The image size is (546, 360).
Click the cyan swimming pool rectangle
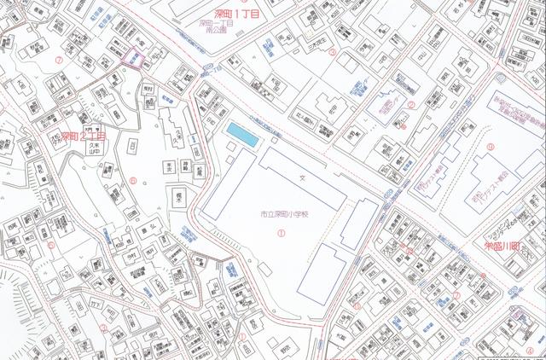[x=241, y=135]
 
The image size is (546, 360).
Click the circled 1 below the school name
[x=282, y=231]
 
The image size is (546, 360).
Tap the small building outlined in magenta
[x=134, y=58]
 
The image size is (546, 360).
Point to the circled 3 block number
[x=333, y=51]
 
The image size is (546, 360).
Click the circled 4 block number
[x=529, y=351]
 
